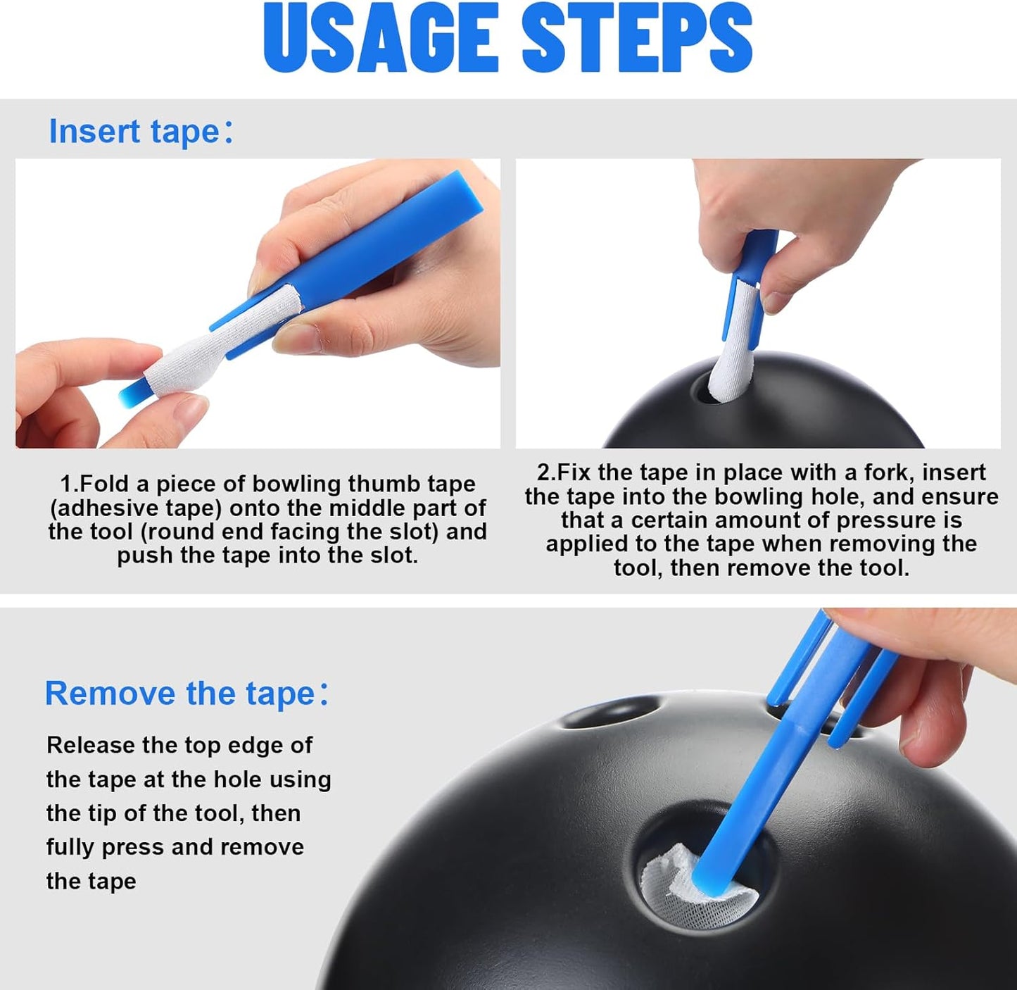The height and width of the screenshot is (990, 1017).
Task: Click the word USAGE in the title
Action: coord(381,39)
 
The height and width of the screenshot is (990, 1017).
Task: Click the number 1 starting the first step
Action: coord(66,484)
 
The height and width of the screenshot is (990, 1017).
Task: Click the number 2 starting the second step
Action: coord(543,472)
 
